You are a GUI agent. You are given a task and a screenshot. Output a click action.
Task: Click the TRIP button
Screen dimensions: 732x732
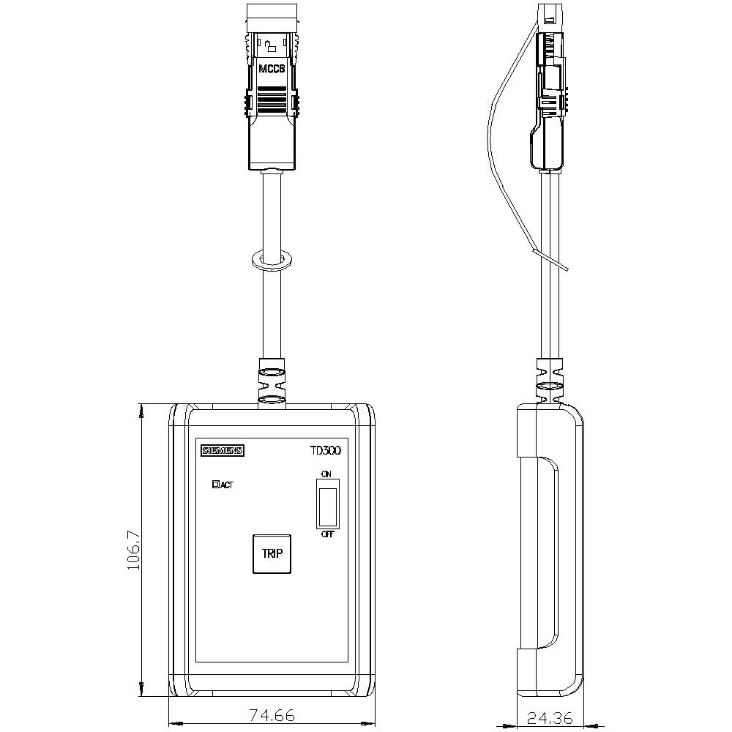(x=272, y=553)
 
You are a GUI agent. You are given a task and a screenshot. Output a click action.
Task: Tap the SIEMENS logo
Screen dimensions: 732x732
(x=223, y=451)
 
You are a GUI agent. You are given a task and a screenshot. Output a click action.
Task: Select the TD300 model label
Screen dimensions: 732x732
(x=325, y=451)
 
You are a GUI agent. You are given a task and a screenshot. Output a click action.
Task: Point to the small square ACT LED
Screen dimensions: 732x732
(x=215, y=484)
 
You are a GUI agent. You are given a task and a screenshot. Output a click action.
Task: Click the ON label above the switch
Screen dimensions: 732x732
(x=326, y=474)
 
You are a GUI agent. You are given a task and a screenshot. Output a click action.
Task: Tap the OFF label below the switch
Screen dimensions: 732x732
(x=327, y=534)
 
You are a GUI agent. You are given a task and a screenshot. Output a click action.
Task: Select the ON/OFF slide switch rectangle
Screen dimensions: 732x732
(x=327, y=504)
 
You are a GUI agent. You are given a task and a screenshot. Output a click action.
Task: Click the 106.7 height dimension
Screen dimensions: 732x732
(x=134, y=550)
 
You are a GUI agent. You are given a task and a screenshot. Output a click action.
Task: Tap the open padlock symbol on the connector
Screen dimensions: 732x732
(x=272, y=47)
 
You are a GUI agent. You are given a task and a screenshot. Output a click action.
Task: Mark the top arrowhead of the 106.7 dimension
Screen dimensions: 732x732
(x=141, y=410)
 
